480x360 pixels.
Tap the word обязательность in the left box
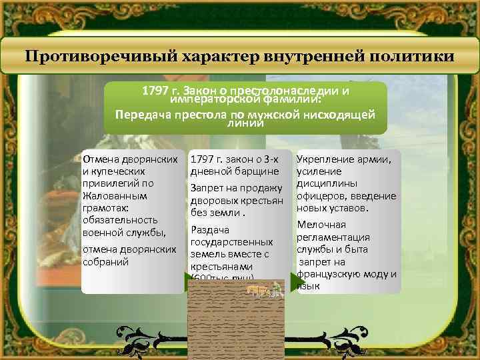pyautogui.click(x=120, y=219)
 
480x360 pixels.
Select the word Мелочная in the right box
pyautogui.click(x=321, y=225)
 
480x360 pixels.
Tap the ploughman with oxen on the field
pyautogui.click(x=263, y=289)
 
